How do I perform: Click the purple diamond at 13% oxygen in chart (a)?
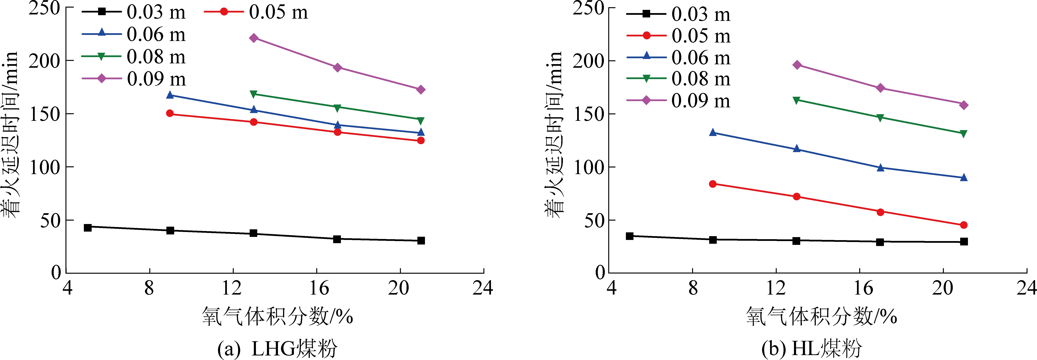[254, 38]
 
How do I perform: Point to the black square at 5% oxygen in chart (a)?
[88, 228]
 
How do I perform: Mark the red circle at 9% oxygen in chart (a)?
[170, 114]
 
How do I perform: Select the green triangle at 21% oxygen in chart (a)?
[421, 120]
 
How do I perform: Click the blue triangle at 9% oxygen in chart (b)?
[713, 132]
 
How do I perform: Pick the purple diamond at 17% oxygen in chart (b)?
[880, 88]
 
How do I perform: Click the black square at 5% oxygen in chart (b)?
[630, 236]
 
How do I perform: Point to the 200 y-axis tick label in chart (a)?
[44, 61]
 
